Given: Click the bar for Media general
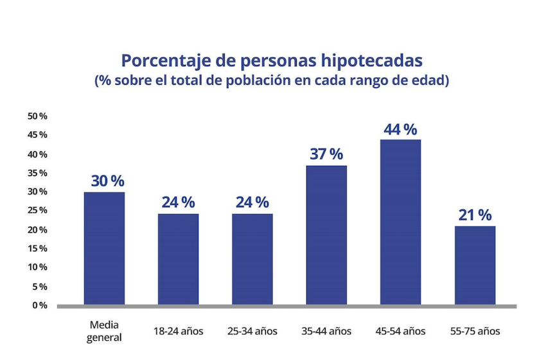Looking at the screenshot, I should click(x=104, y=248).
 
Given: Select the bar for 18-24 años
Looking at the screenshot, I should click(x=178, y=259).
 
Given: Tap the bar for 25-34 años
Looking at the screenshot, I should click(x=252, y=259).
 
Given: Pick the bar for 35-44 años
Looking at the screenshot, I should click(x=326, y=235).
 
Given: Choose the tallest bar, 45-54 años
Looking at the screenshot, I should click(x=401, y=222).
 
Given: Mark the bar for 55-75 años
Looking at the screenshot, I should click(x=475, y=265).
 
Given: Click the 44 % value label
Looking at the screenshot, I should click(x=401, y=129).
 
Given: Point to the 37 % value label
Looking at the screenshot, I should click(x=326, y=154).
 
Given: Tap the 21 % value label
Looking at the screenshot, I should click(x=475, y=215).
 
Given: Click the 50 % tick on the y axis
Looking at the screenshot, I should click(x=37, y=116).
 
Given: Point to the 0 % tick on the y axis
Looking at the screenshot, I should click(x=39, y=305).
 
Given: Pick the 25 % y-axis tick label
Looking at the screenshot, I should click(x=37, y=210).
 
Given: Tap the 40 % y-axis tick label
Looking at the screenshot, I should click(x=37, y=154).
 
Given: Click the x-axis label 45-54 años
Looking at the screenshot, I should click(x=401, y=332).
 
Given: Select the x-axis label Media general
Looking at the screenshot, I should click(x=104, y=332).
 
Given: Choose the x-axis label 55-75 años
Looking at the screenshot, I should click(x=475, y=332).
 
